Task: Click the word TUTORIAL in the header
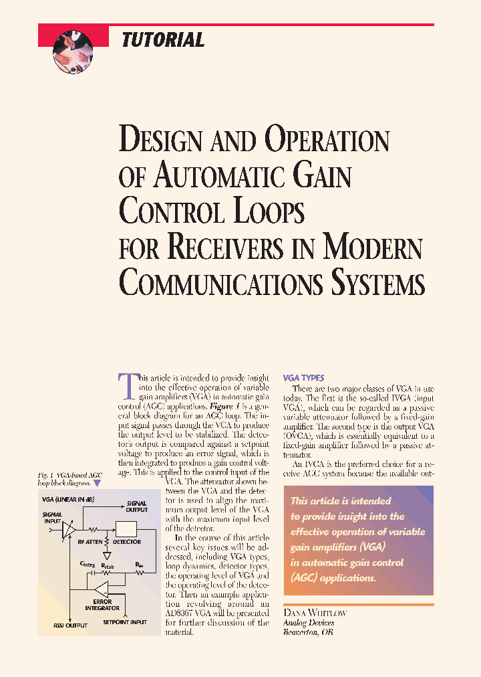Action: click(163, 40)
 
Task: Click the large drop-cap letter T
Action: click(127, 386)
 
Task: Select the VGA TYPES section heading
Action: click(304, 378)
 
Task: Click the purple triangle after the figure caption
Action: click(98, 482)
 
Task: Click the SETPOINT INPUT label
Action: click(125, 622)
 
